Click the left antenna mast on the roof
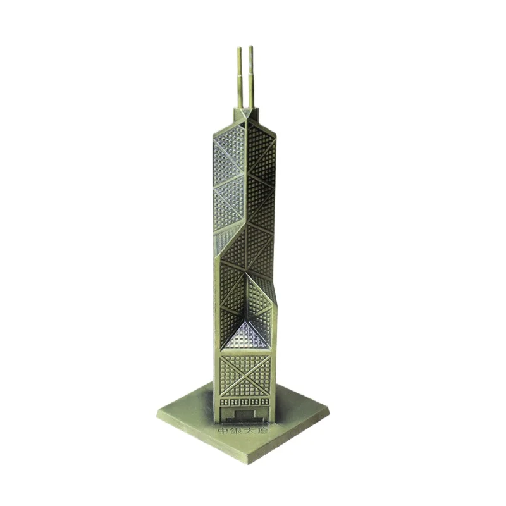click(x=240, y=79)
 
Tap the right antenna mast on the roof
click(x=251, y=79)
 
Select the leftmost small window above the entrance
click(x=226, y=400)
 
